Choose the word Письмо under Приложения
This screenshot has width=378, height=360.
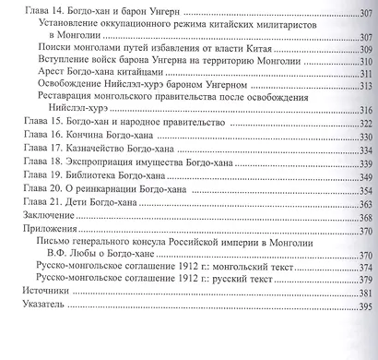coord(53,242)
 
